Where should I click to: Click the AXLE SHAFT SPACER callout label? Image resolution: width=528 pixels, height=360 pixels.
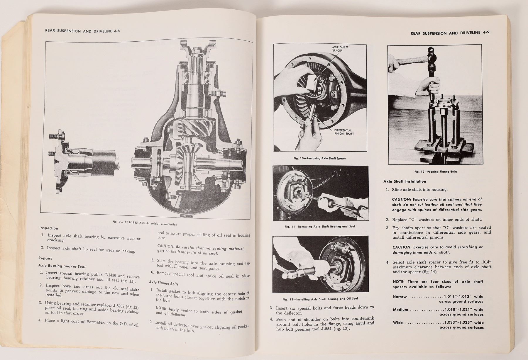tap(340, 49)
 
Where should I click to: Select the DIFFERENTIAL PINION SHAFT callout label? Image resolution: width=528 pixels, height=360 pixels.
tap(344, 132)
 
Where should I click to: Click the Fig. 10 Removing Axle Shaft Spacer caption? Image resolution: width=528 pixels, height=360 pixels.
tap(320, 158)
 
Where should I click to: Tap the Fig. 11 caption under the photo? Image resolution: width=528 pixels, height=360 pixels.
tap(320, 226)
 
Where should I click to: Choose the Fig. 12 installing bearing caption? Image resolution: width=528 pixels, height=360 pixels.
tap(320, 299)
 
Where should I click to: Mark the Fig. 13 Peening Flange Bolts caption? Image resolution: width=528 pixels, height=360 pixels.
tap(436, 171)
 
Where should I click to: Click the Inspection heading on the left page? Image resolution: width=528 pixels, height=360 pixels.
tap(49, 228)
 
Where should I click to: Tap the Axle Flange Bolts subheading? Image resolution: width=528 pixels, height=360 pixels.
tap(163, 283)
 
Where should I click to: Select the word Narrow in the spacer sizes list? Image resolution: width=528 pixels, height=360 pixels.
tap(400, 297)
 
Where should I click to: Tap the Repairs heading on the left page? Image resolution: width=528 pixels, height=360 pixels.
tap(45, 258)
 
